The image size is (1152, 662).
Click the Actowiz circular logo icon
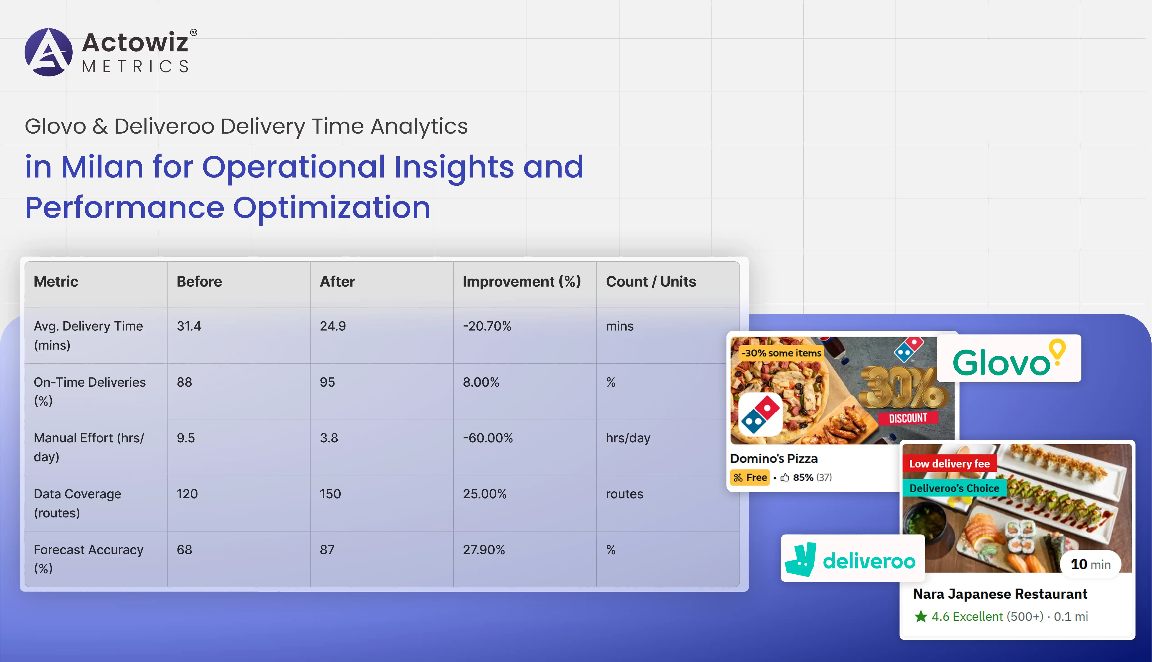pyautogui.click(x=48, y=52)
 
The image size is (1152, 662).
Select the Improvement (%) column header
pyautogui.click(x=522, y=282)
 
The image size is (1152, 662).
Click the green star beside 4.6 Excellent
pyautogui.click(x=921, y=616)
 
